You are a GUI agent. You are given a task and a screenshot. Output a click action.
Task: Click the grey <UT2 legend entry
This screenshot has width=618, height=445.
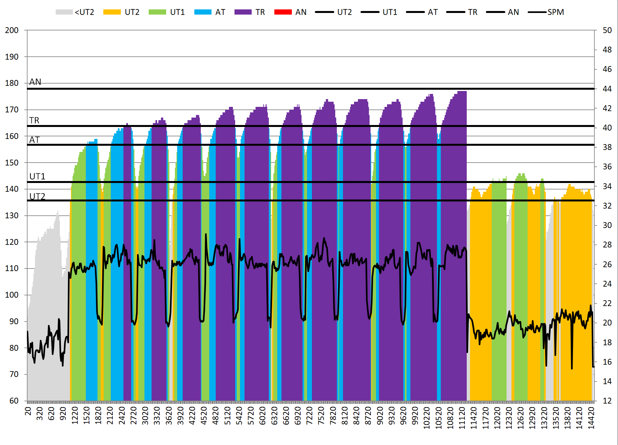tap(75, 12)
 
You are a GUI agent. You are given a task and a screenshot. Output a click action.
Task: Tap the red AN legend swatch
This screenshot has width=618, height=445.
tap(283, 12)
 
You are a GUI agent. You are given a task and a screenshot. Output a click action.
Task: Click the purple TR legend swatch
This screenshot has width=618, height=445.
tap(243, 12)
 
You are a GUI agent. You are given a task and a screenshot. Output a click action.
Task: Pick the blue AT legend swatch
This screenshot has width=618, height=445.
tap(203, 12)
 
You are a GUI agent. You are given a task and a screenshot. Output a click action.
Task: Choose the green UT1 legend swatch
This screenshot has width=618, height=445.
tap(157, 12)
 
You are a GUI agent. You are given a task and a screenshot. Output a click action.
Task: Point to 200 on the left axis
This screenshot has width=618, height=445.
tap(12, 30)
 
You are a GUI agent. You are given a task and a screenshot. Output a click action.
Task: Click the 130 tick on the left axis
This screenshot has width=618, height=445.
tap(12, 215)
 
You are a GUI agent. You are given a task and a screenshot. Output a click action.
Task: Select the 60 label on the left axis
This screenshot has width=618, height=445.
tap(14, 401)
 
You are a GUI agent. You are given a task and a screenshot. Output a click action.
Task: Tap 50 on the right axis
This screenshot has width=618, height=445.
tap(607, 30)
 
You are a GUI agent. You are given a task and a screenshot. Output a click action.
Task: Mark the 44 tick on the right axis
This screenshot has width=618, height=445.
tap(607, 89)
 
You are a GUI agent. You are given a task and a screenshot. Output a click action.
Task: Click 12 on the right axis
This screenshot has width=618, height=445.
tap(607, 401)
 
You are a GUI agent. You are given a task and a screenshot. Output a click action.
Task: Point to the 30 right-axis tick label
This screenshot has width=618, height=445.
tap(607, 225)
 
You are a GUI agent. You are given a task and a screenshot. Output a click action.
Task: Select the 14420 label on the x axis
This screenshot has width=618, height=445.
tap(591, 418)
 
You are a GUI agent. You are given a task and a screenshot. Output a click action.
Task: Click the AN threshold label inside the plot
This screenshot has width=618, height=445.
tap(35, 82)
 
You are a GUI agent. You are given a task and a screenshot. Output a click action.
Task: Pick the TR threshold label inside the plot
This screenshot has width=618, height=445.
tap(34, 120)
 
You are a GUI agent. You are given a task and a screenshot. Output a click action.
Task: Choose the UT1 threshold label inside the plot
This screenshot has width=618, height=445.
tap(37, 177)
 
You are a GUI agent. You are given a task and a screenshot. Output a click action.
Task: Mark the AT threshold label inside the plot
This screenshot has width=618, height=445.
tap(34, 140)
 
